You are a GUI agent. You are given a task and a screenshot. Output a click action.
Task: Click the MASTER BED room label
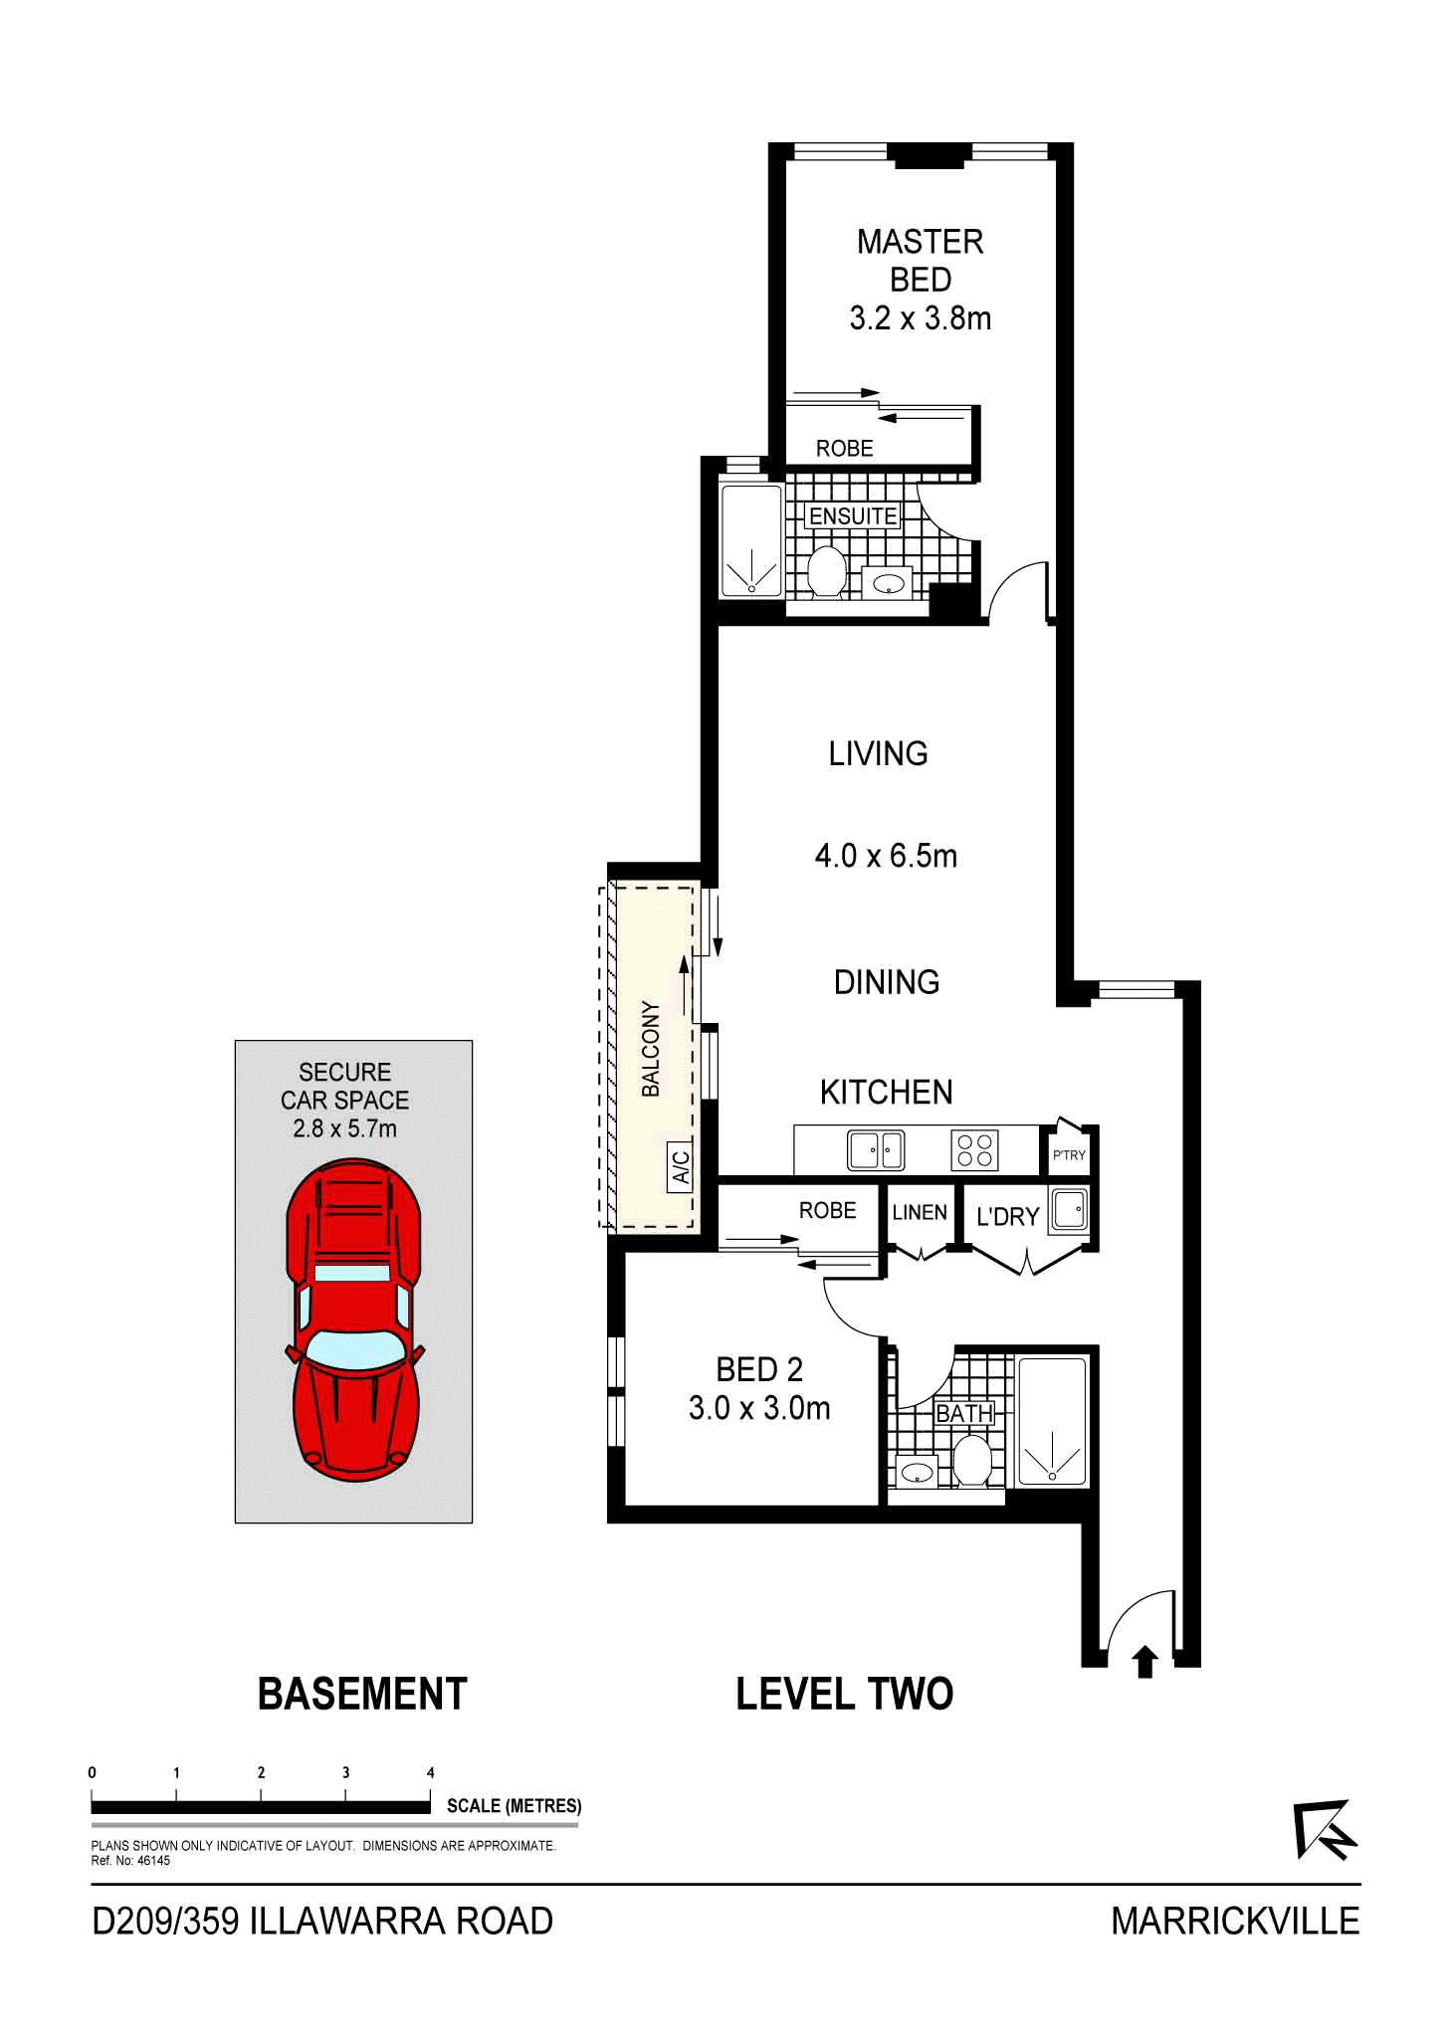[920, 261]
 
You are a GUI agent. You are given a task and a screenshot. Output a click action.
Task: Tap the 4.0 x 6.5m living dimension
[886, 856]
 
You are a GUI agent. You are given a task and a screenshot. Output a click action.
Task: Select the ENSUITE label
[853, 516]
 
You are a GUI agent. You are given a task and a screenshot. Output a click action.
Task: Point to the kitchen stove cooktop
[974, 1151]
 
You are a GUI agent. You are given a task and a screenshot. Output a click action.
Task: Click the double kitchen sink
[876, 1151]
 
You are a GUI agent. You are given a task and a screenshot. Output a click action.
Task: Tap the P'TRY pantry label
[1069, 1155]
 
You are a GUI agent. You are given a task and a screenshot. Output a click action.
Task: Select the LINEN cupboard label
[920, 1212]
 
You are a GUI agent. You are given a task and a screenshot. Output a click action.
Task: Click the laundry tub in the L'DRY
[1070, 1212]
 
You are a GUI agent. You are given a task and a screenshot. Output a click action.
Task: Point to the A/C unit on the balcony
[681, 1166]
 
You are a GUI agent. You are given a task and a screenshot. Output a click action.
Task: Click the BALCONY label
[651, 1049]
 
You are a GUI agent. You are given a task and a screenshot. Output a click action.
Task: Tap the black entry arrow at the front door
[1144, 1661]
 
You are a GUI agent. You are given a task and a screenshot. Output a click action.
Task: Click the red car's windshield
[355, 1348]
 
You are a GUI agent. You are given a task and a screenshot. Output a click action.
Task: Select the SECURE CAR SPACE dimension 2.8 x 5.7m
[344, 1128]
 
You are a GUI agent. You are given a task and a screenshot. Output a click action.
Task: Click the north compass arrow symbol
[1327, 1829]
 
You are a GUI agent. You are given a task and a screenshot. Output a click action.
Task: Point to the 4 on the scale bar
[431, 1772]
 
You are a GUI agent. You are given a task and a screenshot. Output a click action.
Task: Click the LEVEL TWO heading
[844, 1694]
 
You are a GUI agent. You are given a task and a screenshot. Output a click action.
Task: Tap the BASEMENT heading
[362, 1694]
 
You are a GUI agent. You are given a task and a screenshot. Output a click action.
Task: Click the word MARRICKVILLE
[1235, 1921]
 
